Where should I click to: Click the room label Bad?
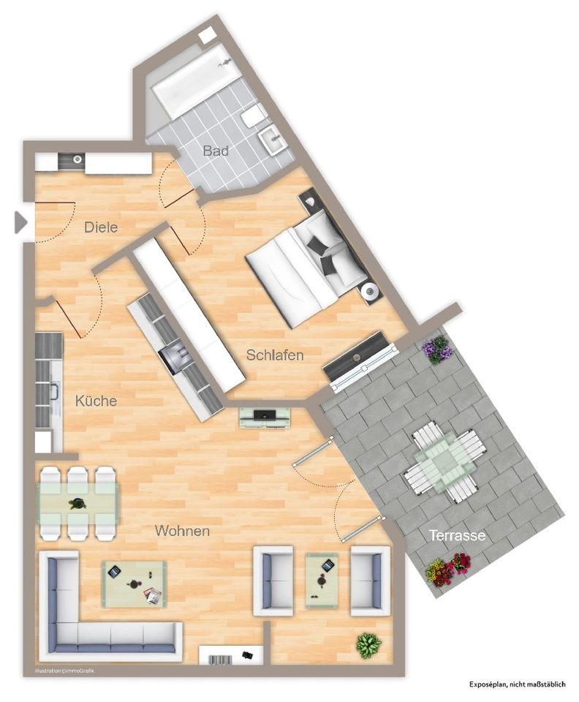pyautogui.click(x=216, y=151)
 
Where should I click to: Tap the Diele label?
pyautogui.click(x=101, y=227)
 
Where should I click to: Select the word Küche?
pyautogui.click(x=96, y=401)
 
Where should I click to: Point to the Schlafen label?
pyautogui.click(x=274, y=355)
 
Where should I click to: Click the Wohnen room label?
pyautogui.click(x=182, y=531)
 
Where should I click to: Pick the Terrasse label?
pyautogui.click(x=457, y=535)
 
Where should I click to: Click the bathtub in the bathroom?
pyautogui.click(x=195, y=80)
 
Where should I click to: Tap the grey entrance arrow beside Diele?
pyautogui.click(x=20, y=222)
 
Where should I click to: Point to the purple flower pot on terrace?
pyautogui.click(x=437, y=350)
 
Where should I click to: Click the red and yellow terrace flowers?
pyautogui.click(x=448, y=569)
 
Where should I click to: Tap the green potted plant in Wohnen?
pyautogui.click(x=368, y=645)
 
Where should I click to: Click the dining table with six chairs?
pyautogui.click(x=77, y=503)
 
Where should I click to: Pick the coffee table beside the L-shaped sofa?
pyautogui.click(x=134, y=584)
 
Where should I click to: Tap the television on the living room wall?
pyautogui.click(x=265, y=417)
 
